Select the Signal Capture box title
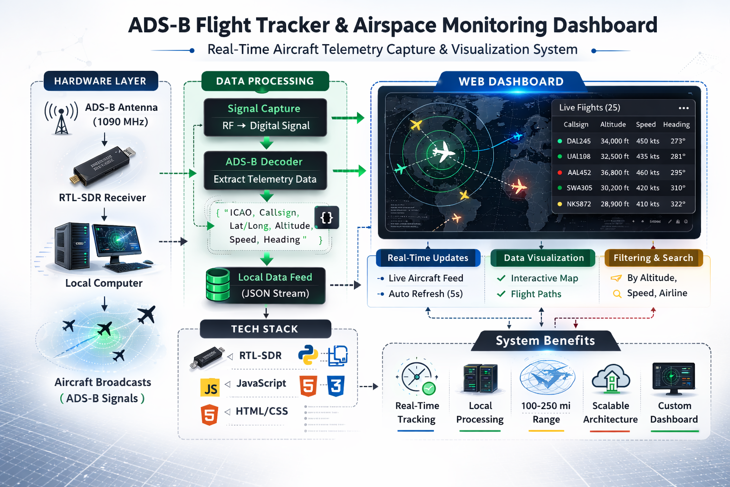[264, 108]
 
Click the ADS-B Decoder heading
[264, 162]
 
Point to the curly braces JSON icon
[327, 217]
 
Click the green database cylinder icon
[218, 285]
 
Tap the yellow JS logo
[210, 388]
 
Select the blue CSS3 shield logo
[336, 386]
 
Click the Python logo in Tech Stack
[308, 355]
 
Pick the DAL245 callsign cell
[578, 141]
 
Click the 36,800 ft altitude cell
[615, 173]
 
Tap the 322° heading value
[678, 204]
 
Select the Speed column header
[645, 125]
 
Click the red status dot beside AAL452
[560, 173]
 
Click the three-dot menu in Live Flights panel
[683, 108]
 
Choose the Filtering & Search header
[653, 258]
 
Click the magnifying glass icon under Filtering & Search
[617, 294]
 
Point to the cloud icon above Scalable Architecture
[611, 379]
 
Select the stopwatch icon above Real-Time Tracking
[417, 378]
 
